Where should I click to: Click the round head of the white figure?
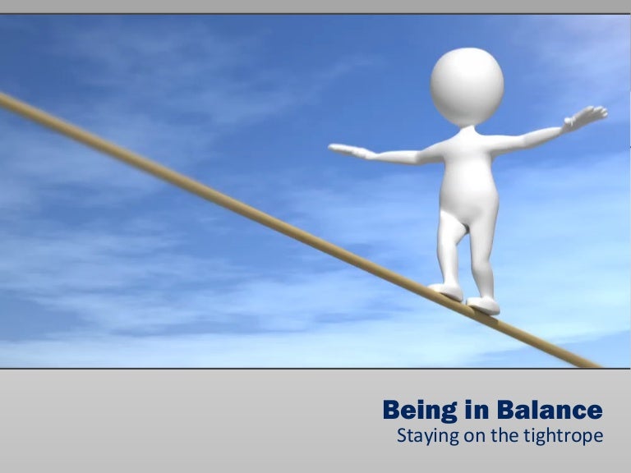click(x=467, y=85)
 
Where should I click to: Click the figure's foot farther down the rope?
click(x=484, y=305)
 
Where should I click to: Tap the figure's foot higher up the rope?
click(x=446, y=290)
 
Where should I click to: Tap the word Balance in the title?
click(x=549, y=409)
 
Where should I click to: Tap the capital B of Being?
click(x=391, y=409)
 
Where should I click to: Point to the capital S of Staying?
click(x=402, y=434)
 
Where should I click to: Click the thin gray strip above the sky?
click(x=315, y=7)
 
